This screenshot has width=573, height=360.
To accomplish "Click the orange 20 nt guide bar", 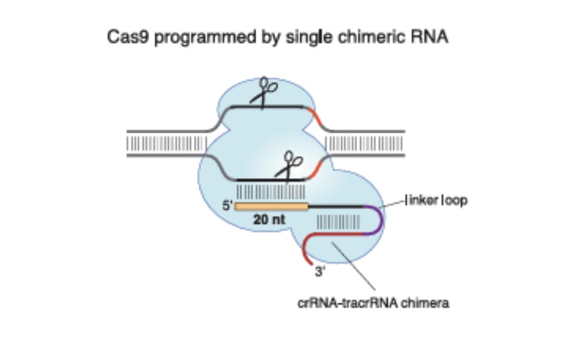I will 271,206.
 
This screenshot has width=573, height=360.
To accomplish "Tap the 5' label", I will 228,205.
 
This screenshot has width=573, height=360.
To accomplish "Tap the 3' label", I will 319,273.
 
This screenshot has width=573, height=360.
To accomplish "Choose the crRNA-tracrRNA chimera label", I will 373,303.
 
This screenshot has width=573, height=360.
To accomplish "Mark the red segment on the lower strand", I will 317,166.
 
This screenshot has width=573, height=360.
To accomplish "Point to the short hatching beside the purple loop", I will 338,222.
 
